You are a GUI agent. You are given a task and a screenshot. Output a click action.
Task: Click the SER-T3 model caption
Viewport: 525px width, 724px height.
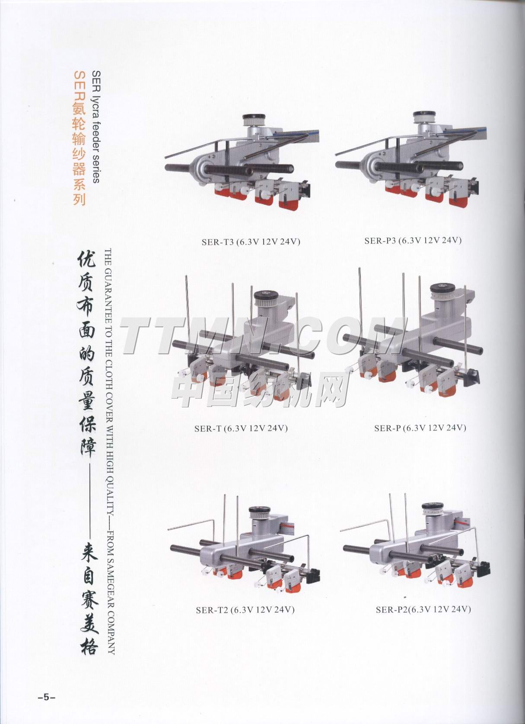[x=251, y=242]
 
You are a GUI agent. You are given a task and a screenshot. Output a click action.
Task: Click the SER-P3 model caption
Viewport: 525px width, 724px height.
[x=413, y=241]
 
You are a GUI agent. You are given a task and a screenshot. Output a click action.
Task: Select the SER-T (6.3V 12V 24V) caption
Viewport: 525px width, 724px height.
[x=241, y=428]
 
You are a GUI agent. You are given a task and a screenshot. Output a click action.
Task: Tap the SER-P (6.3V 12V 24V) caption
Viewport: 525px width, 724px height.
[x=420, y=428]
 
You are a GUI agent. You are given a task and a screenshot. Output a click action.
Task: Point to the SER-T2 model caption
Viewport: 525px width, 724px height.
[x=245, y=610]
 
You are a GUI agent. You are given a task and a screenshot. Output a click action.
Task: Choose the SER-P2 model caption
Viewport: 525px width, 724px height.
[x=423, y=609]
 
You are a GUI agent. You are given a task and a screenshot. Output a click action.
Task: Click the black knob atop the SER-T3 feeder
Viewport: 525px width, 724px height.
[x=254, y=117]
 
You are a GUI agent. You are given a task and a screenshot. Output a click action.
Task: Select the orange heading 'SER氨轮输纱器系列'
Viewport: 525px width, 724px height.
[x=79, y=138]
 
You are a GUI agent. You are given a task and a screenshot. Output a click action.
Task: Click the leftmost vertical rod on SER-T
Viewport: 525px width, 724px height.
[x=188, y=310]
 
